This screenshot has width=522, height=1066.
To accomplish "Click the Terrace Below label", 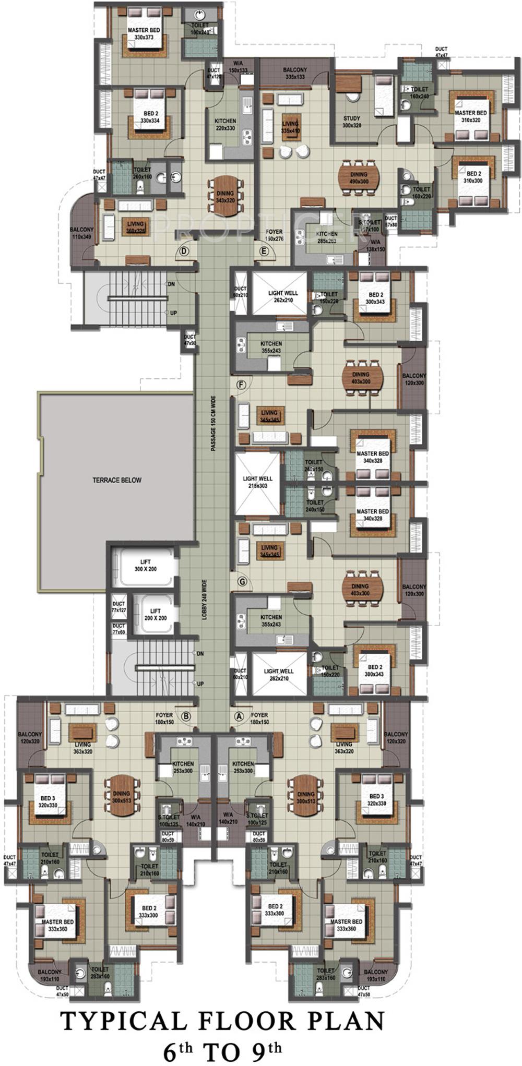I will [x=117, y=480].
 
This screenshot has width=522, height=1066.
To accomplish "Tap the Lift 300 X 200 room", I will [x=146, y=566].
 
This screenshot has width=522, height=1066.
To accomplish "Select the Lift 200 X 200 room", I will [x=155, y=614].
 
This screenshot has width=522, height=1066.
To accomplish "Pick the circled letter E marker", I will [x=264, y=251].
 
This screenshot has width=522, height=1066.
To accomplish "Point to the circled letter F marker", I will [x=241, y=385].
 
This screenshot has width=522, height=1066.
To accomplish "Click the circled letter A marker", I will [x=240, y=716].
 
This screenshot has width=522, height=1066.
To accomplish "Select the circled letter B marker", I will [x=186, y=716].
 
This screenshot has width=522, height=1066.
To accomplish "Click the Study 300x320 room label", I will [x=352, y=122].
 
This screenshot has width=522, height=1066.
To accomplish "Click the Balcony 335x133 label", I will [x=295, y=73].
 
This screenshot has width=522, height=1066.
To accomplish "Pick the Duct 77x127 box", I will [x=118, y=606].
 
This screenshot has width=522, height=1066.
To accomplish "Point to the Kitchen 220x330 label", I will [x=226, y=124].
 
